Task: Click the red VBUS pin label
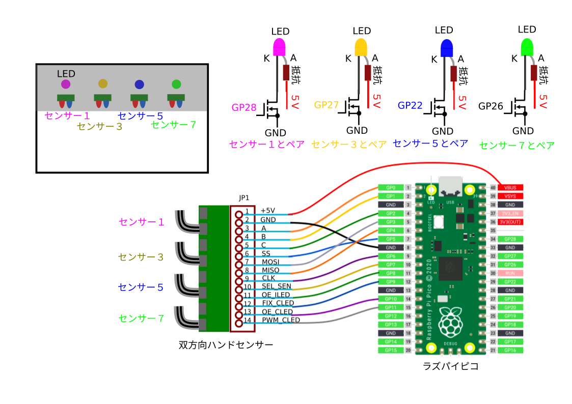[510, 188]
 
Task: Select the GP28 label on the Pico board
[510, 239]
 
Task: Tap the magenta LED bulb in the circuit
[280, 46]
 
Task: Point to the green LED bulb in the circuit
[527, 47]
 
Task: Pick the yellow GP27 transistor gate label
[326, 105]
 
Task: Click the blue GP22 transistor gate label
[410, 105]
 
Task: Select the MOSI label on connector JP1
[270, 262]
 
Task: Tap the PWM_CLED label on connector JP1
[281, 320]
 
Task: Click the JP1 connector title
[244, 198]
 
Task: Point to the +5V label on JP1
[267, 211]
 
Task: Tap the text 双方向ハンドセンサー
[226, 345]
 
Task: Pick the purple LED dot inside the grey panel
[66, 84]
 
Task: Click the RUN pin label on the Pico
[510, 273]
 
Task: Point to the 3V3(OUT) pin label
[510, 222]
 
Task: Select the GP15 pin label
[391, 350]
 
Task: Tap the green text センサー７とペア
[516, 145]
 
